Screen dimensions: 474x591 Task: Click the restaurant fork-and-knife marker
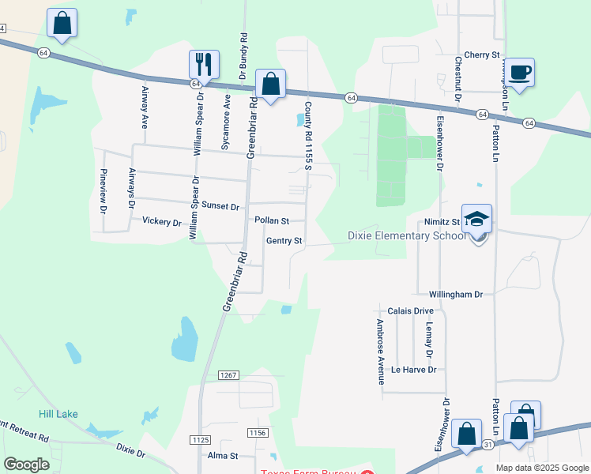click(x=203, y=65)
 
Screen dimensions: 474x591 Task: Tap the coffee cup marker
click(x=519, y=72)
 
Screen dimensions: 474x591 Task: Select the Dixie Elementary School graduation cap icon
click(x=476, y=219)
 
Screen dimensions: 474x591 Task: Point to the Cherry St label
click(x=483, y=55)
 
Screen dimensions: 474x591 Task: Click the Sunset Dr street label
click(x=220, y=205)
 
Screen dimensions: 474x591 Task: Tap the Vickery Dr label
click(x=161, y=222)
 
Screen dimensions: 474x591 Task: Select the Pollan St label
click(x=272, y=221)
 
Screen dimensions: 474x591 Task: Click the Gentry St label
click(x=284, y=241)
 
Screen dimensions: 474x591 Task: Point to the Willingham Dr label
click(x=456, y=294)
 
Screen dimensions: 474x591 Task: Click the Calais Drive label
click(x=411, y=310)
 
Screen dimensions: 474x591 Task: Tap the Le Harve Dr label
click(x=413, y=369)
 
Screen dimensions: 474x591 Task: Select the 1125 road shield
click(x=200, y=438)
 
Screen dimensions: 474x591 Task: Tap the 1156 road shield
click(x=257, y=432)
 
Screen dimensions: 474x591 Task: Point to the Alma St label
click(x=223, y=456)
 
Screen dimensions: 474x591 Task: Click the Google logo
click(x=26, y=464)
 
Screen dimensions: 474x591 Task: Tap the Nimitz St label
click(x=445, y=223)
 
